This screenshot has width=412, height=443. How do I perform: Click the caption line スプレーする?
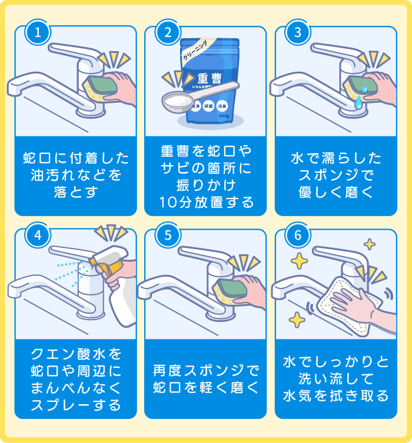pos(75,405)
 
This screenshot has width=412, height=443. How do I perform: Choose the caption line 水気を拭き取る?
pos(336,395)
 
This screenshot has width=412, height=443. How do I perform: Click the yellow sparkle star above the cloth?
pos(370,243)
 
